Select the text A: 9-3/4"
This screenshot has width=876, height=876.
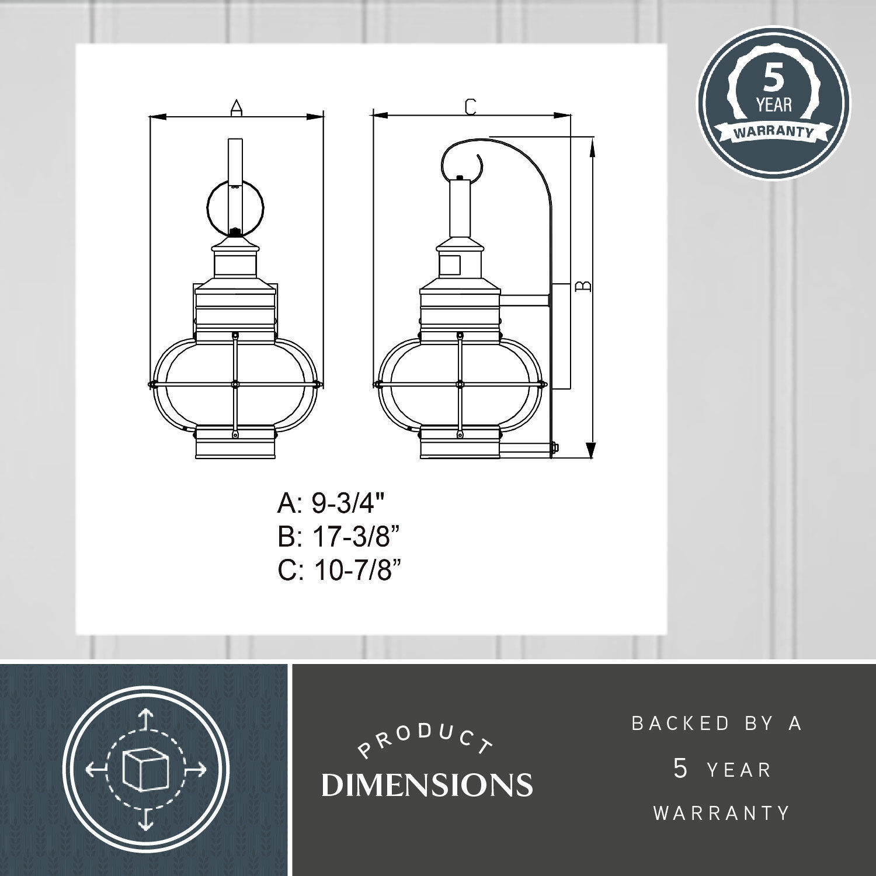tap(332, 503)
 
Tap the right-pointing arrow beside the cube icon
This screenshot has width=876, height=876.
tap(197, 770)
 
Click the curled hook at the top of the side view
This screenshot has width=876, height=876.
tap(461, 158)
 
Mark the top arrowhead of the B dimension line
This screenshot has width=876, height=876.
tap(593, 146)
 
